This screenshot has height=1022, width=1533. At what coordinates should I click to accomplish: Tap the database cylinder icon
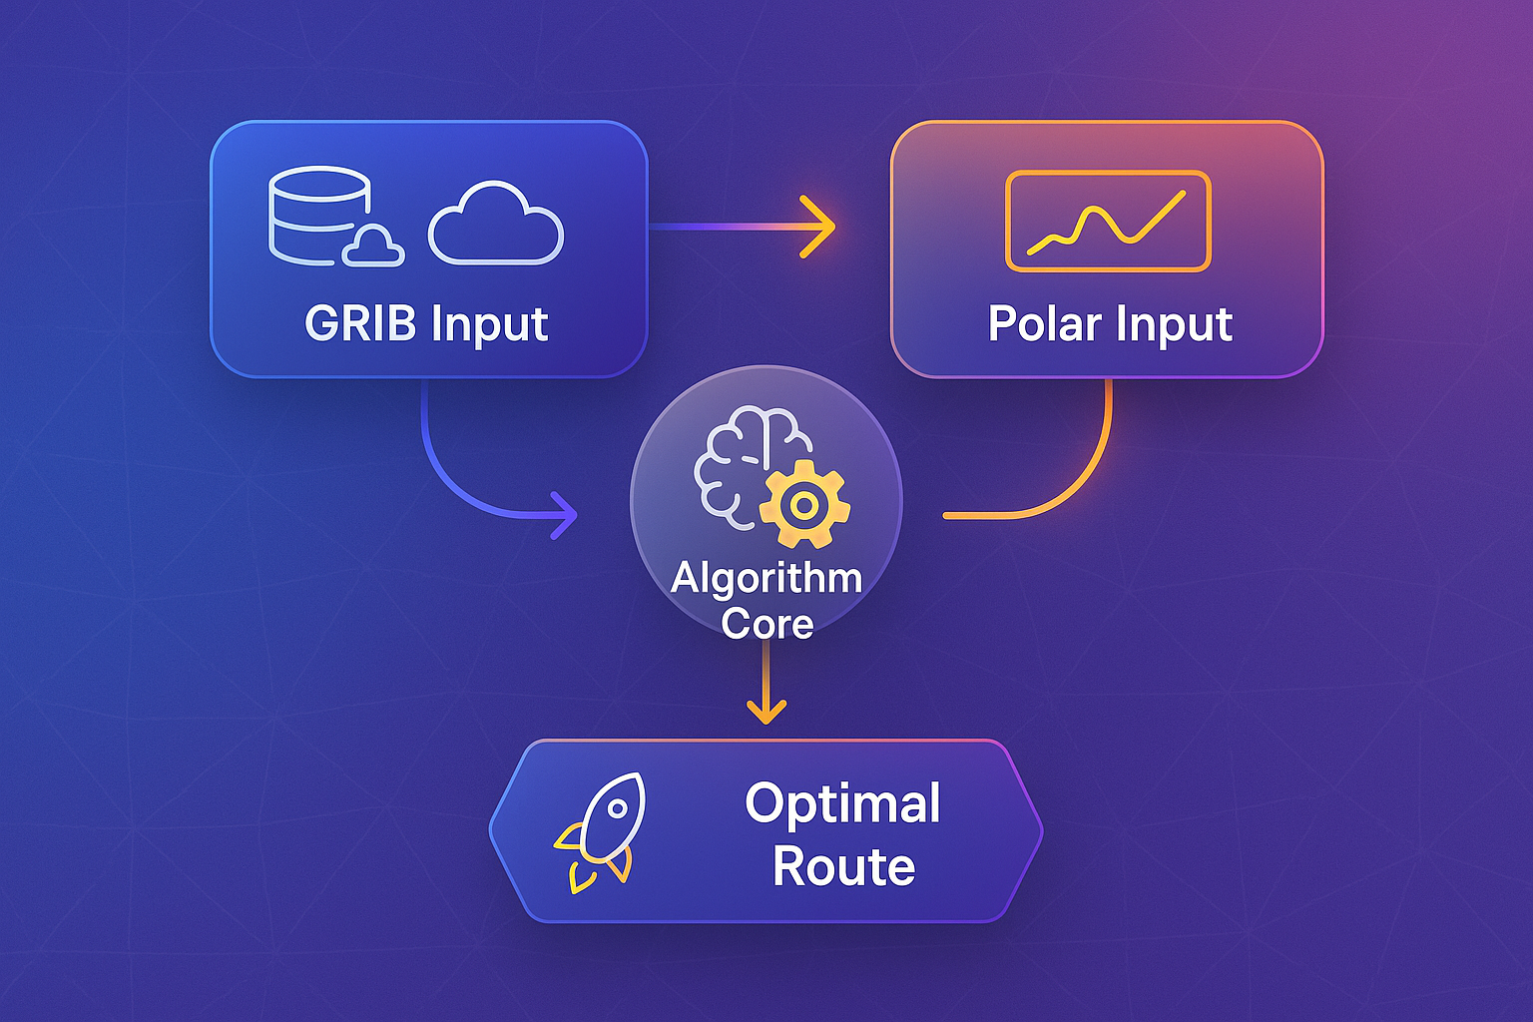point(317,216)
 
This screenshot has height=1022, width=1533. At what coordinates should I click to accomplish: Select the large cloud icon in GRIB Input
point(496,226)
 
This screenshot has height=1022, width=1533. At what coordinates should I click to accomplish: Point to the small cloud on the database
point(373,248)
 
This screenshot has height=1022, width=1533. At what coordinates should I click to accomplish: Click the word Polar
point(1044,323)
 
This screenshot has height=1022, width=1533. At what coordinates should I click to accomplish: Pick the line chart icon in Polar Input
point(1108,221)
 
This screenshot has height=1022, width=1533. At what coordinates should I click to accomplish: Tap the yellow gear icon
point(804,505)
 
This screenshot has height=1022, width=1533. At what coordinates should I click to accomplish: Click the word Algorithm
point(766,578)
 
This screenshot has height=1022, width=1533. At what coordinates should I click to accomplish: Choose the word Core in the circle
point(766,624)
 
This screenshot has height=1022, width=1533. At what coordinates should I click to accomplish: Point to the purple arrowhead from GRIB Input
point(566,516)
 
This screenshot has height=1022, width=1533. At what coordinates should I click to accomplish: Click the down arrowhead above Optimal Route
point(766,710)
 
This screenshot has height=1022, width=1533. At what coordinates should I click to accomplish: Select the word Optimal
point(843,803)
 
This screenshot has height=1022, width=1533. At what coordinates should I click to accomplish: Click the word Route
point(843,866)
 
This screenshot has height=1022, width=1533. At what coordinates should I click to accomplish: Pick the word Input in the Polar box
point(1174,323)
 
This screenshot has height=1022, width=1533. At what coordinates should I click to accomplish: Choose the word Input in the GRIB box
point(490,323)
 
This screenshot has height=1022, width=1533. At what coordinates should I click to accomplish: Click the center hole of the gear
point(804,505)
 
